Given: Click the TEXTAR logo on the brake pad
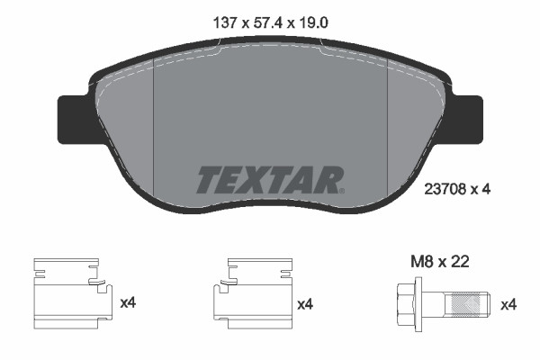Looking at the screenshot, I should pyautogui.click(x=268, y=181).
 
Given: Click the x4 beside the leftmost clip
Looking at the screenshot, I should pyautogui.click(x=129, y=303).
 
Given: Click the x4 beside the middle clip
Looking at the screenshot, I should pyautogui.click(x=305, y=303).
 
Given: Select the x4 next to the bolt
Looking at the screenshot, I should pyautogui.click(x=508, y=303).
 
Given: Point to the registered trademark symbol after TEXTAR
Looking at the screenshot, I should pyautogui.click(x=341, y=190).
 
